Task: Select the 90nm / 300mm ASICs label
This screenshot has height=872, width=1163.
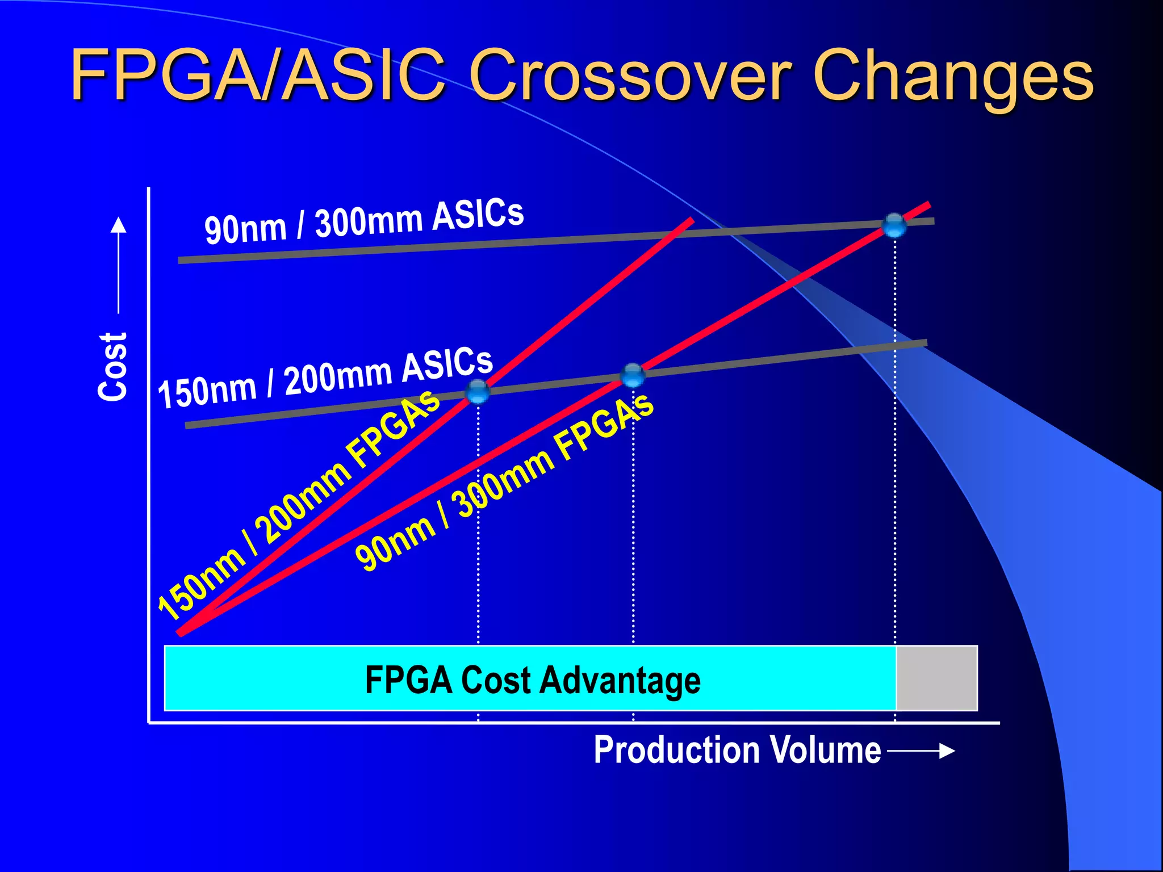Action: [363, 222]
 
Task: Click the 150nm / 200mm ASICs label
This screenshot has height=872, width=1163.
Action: [325, 379]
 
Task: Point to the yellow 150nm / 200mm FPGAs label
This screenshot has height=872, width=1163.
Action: [298, 505]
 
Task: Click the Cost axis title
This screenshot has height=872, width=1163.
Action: [112, 367]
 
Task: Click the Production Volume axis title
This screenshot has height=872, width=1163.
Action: [737, 751]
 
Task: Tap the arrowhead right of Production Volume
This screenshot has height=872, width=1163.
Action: [947, 751]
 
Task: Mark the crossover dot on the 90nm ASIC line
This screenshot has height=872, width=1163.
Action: [894, 225]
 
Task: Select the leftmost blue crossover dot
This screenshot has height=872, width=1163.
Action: [478, 391]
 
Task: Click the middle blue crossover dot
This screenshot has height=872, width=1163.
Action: [633, 375]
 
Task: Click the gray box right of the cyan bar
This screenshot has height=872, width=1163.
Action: [936, 678]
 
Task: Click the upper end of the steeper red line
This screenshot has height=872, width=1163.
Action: [691, 220]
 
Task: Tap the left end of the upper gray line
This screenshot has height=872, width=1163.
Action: [181, 261]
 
